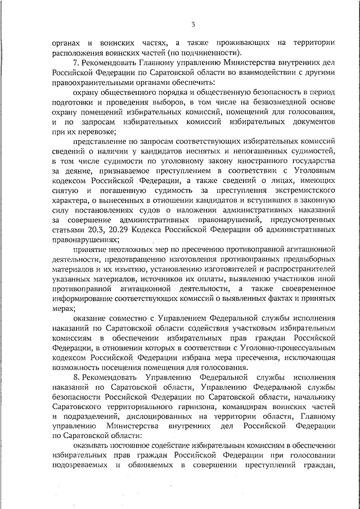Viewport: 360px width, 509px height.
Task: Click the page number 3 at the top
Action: [x=192, y=24]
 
